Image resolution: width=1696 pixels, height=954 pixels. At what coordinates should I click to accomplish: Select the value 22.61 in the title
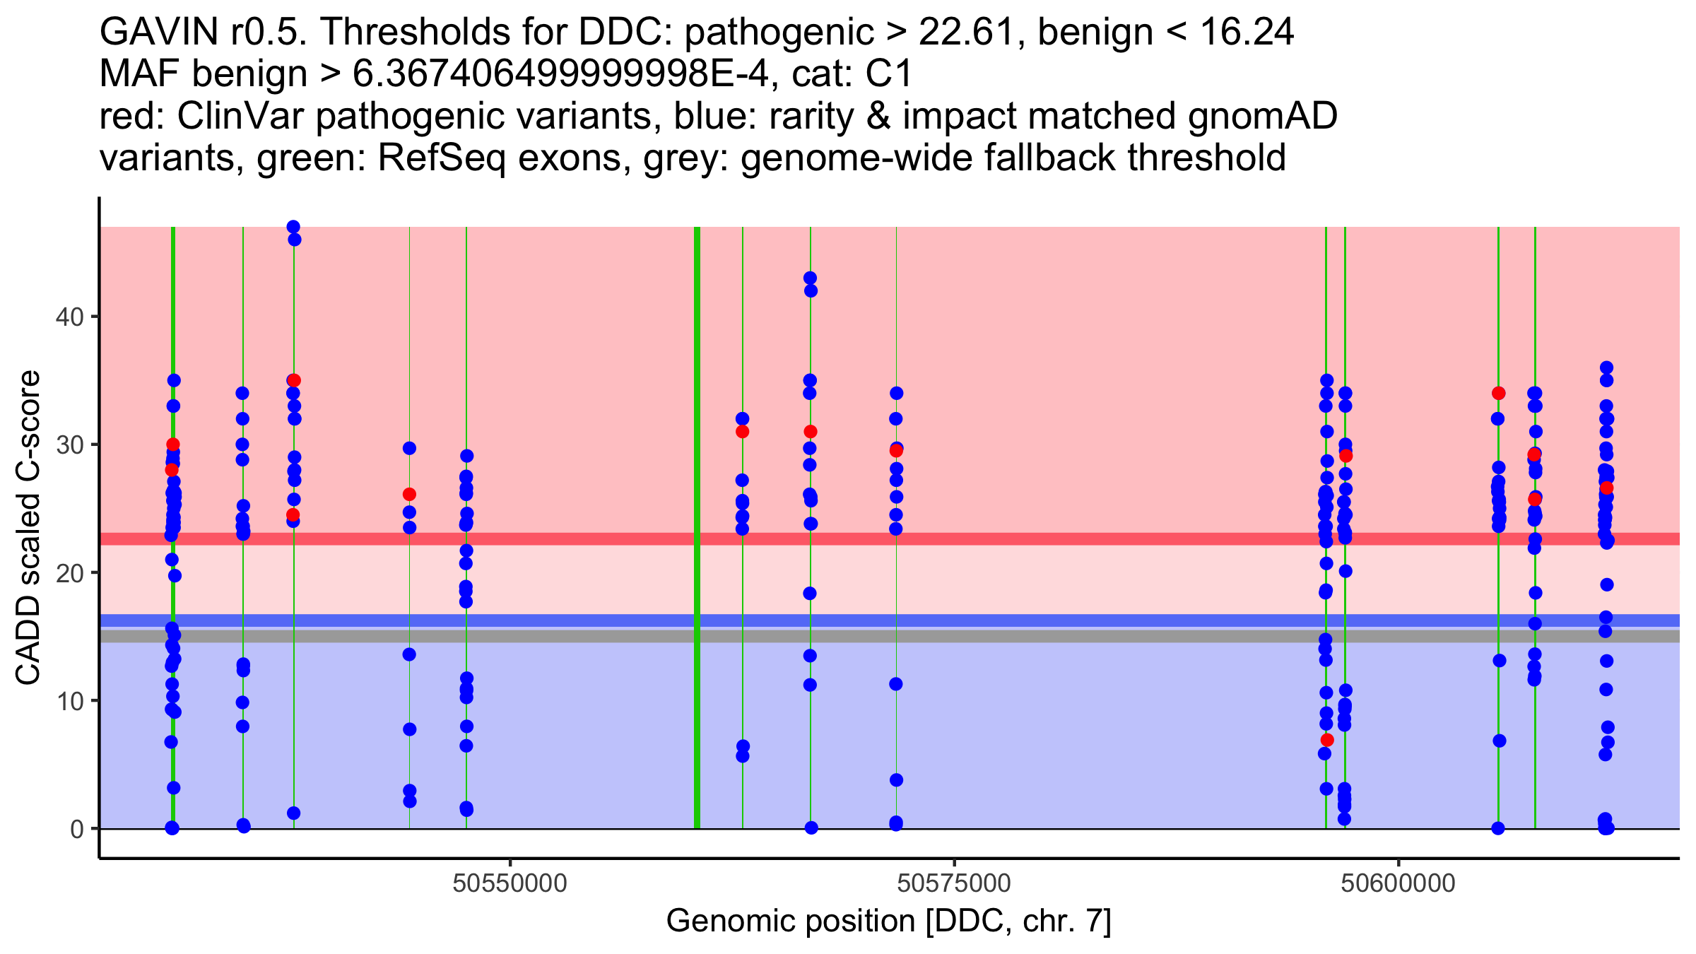pos(970,32)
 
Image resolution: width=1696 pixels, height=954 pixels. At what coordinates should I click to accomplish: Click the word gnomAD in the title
pos(1262,116)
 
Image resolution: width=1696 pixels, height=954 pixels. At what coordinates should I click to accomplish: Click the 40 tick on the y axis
pos(69,317)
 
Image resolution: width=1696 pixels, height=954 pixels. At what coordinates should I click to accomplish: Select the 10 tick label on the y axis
pos(69,701)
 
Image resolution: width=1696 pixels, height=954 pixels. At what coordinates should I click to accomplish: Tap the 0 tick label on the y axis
pos(76,829)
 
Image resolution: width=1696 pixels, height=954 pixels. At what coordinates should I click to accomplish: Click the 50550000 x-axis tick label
pos(510,883)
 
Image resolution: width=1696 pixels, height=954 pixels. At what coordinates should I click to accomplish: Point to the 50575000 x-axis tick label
pos(954,883)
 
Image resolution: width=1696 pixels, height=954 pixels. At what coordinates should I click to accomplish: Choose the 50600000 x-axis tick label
pos(1398,883)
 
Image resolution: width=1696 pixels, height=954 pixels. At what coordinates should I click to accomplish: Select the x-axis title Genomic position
pos(888,921)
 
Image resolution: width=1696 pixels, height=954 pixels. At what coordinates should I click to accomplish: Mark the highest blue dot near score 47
pos(293,227)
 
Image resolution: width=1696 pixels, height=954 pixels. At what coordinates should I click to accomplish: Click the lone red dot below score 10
pos(1327,740)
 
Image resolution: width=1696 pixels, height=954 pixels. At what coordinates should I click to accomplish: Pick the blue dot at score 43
pos(810,278)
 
